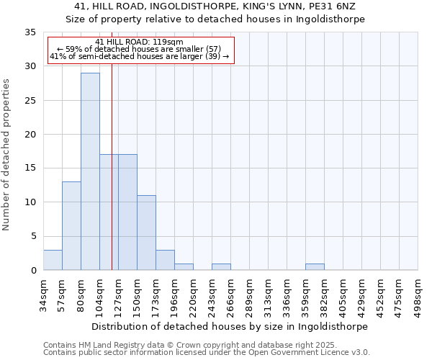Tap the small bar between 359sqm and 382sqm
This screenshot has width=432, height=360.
click(315, 266)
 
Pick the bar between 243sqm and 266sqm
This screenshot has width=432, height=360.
click(221, 266)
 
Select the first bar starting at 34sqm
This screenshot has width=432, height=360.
click(53, 260)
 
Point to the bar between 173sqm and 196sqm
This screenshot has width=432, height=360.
click(165, 260)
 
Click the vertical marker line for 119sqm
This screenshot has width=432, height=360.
click(112, 180)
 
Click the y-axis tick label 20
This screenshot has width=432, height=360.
click(30, 135)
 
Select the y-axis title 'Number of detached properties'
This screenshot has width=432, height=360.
click(6, 155)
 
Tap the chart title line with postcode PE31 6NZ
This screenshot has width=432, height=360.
click(215, 6)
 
